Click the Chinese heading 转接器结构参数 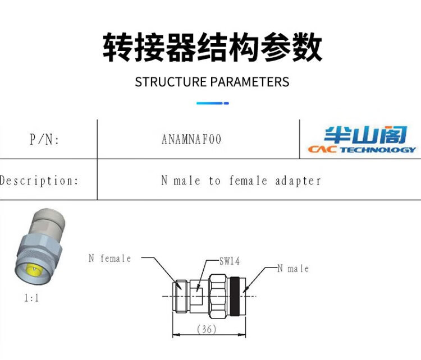coord(212,47)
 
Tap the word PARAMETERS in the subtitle coord(250,82)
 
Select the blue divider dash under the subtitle coord(212,103)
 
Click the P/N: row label coord(44,140)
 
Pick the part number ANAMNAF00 coord(191,139)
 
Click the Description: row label coord(39,181)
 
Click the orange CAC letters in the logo coord(322,150)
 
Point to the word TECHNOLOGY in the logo coord(377,150)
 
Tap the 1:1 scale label coord(31,298)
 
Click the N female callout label coord(109,259)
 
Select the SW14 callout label coord(230,261)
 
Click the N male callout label coord(293,269)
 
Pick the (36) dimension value coord(207,330)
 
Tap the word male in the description coord(186,181)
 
